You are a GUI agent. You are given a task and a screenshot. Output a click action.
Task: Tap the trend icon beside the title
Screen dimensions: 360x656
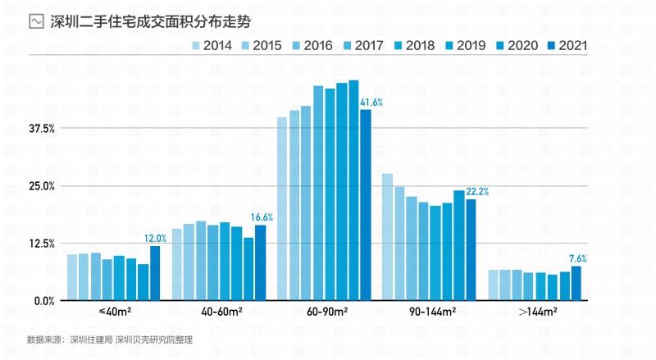[36, 21]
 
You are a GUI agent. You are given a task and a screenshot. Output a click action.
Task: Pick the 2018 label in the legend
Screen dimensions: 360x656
[419, 46]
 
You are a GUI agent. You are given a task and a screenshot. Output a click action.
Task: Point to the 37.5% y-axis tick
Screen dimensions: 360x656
[41, 128]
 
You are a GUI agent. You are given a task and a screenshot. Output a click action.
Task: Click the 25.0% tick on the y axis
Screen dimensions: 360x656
[41, 186]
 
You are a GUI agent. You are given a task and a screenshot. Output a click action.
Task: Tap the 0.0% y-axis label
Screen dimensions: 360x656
[43, 301]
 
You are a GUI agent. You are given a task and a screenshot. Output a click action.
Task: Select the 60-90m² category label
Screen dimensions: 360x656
[324, 312]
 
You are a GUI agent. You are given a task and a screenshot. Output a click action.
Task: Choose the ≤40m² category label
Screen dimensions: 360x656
[113, 312]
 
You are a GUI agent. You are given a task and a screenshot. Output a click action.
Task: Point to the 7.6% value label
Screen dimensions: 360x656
[577, 259]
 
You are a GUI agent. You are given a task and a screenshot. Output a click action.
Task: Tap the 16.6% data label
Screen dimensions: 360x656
[261, 217]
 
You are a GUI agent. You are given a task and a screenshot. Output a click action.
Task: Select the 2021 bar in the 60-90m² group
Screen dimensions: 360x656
[366, 205]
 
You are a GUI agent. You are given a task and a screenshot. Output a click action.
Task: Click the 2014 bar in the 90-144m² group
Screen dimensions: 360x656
[387, 237]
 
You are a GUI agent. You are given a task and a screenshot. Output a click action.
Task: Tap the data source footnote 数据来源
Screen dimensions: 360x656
[110, 339]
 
